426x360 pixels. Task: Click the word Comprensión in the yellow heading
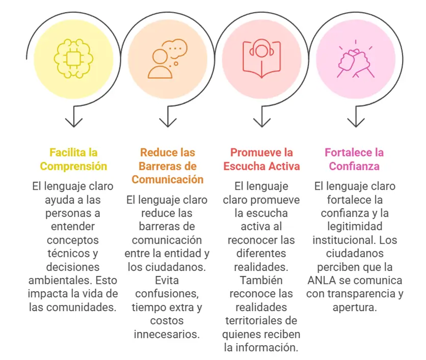(74, 166)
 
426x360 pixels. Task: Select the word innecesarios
(167, 334)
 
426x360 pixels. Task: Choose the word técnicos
(68, 253)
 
